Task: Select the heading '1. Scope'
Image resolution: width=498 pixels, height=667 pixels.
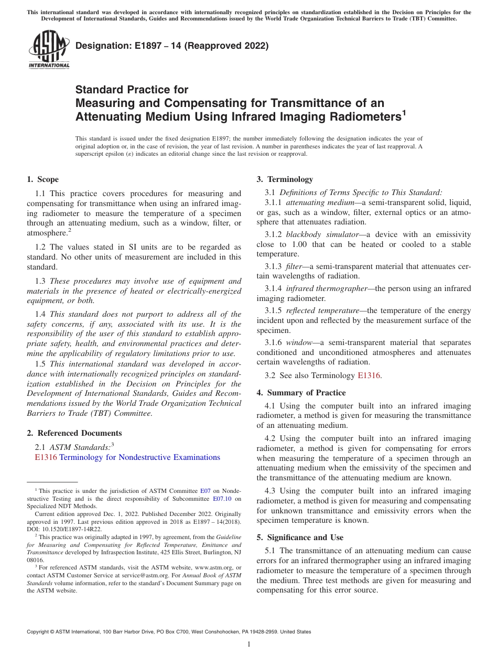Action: coord(42,179)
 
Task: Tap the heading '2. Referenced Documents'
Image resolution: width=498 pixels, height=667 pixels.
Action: coord(74,433)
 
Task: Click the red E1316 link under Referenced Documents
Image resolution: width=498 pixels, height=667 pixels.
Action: coord(45,457)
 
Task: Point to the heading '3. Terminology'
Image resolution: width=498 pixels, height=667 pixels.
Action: coord(285,179)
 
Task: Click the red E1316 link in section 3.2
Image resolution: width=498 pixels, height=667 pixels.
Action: coord(369,375)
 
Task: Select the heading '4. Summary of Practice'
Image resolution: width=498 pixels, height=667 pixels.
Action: coord(301,393)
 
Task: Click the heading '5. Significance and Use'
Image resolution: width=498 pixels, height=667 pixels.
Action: coord(300,537)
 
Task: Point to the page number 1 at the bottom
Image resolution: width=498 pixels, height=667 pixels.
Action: coord(249,644)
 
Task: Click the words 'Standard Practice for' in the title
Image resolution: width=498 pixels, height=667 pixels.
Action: coord(132,90)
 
